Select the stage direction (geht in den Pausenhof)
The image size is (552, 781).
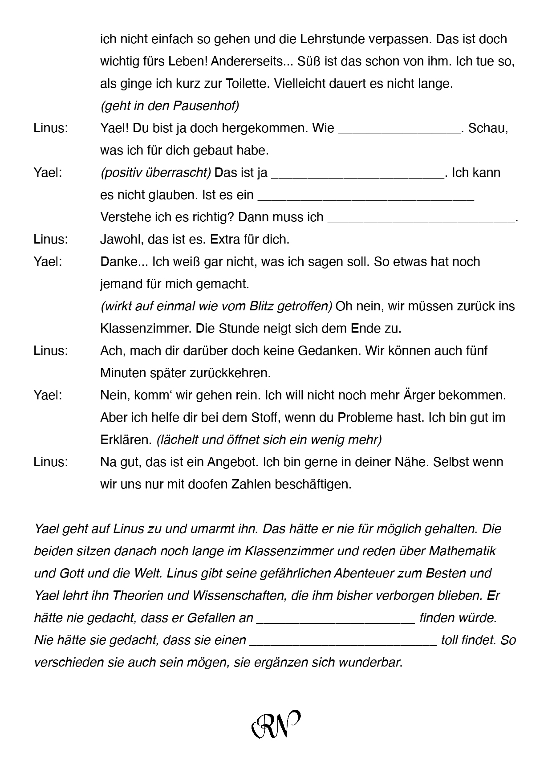coord(170,106)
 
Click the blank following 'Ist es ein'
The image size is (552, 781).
coord(365,197)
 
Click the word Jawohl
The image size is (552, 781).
coord(119,240)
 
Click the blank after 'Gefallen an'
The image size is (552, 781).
coord(336,620)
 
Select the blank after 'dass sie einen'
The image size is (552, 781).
coord(343,642)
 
